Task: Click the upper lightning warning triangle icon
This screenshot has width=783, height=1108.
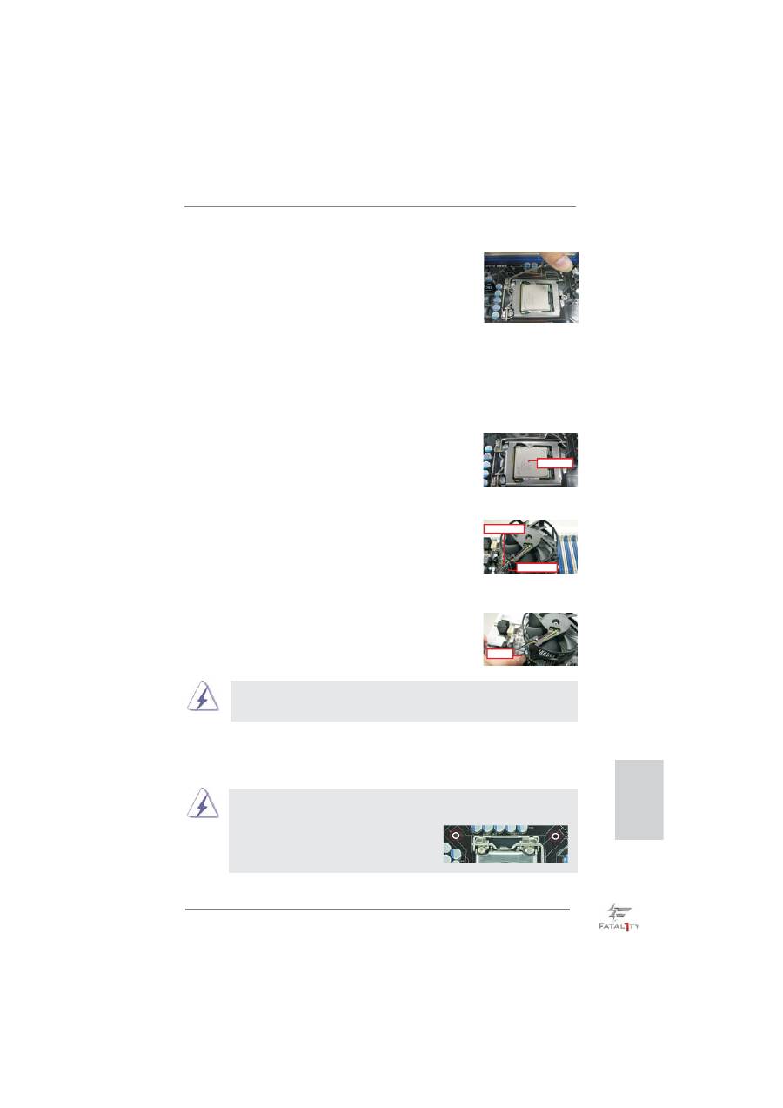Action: [203, 696]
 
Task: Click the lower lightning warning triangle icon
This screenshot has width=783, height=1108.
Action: [203, 802]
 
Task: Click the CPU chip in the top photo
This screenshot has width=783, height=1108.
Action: [532, 297]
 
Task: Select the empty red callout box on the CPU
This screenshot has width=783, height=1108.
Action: [555, 463]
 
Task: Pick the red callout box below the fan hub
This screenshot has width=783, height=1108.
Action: [537, 567]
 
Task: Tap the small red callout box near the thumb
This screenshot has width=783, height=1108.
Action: [499, 654]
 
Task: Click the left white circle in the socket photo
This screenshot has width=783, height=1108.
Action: [456, 836]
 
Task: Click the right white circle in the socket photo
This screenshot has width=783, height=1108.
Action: [555, 836]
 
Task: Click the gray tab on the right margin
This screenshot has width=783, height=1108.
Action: [639, 800]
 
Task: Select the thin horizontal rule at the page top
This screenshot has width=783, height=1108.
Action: [380, 207]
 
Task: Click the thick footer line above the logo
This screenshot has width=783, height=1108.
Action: [378, 910]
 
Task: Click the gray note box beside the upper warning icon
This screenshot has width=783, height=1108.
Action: [404, 701]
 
